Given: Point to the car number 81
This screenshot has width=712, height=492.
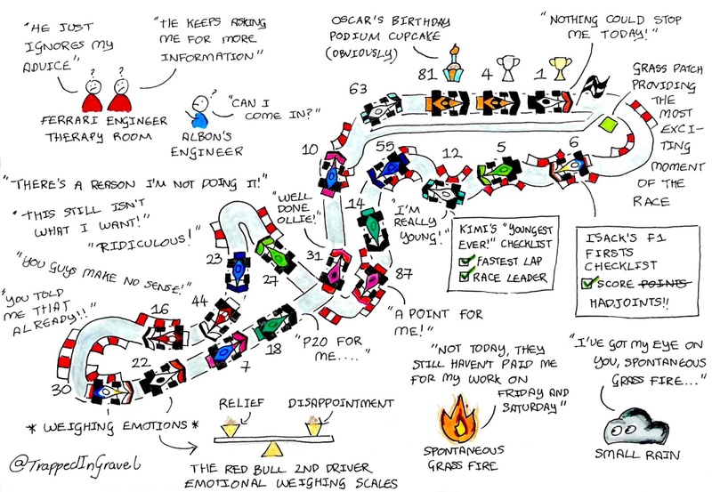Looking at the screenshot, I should (445, 101).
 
